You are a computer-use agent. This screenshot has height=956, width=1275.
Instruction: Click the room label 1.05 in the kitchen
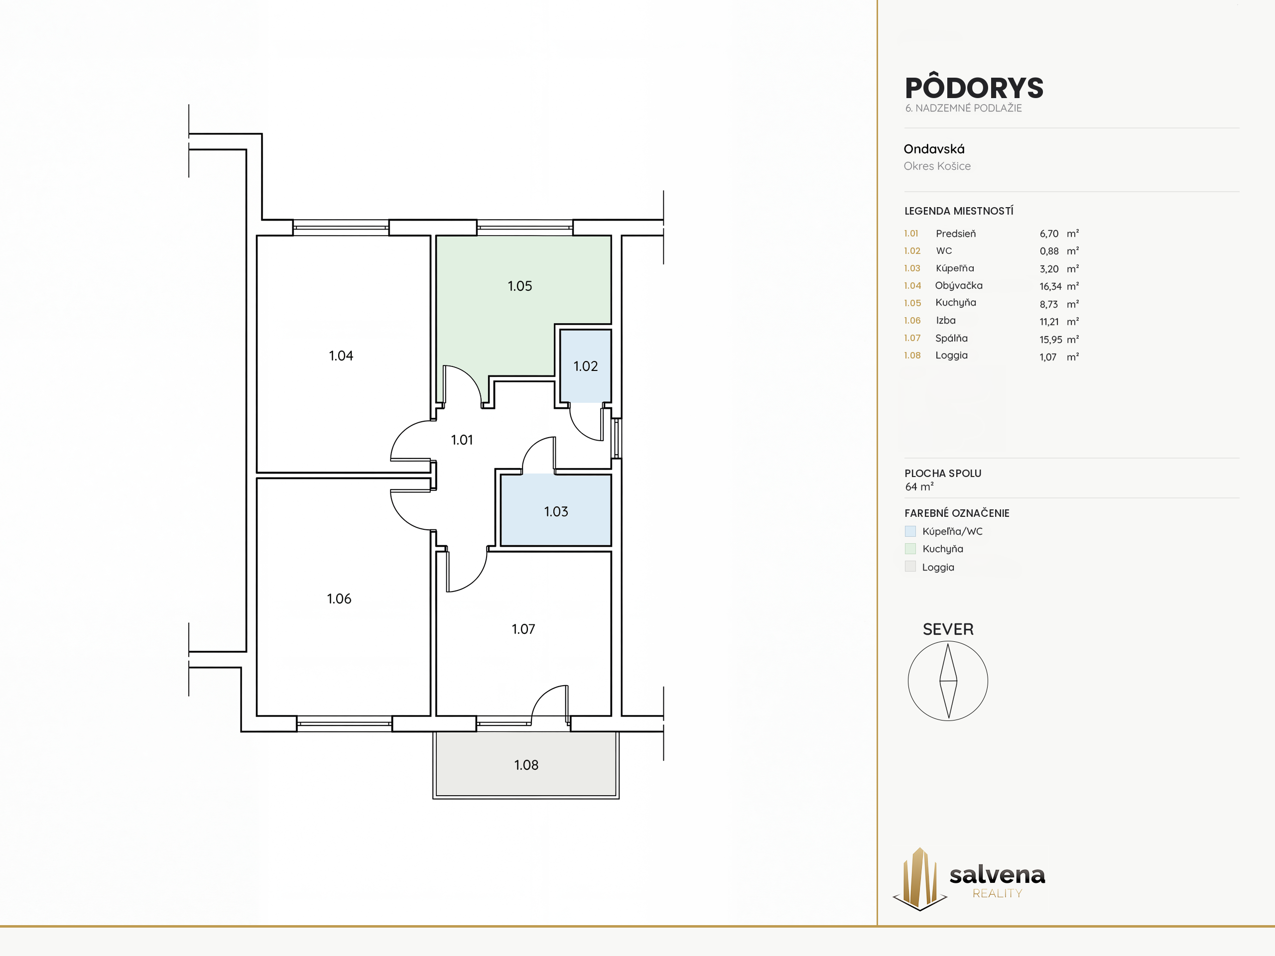coord(520,286)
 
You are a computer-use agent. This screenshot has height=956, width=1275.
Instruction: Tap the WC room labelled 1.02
coord(586,366)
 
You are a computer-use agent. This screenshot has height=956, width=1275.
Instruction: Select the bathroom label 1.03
coord(556,511)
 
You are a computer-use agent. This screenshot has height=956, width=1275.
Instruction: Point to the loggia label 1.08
coord(526,765)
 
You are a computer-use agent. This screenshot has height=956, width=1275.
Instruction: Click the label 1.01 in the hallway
coord(462,440)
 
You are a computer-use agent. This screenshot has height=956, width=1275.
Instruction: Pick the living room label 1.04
coord(341,356)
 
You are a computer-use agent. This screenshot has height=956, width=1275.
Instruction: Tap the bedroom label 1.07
coord(523,629)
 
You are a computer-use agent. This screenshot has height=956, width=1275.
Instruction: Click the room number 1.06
coord(339,598)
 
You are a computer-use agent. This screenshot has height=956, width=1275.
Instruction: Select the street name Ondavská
coord(934,149)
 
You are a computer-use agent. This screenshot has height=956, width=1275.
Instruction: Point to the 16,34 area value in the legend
coord(1051,286)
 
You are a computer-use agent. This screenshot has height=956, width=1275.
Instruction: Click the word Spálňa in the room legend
coord(951,338)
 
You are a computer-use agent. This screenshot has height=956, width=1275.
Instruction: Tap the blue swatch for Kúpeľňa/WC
coord(910,531)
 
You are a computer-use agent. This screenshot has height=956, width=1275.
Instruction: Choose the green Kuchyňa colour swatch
coord(910,549)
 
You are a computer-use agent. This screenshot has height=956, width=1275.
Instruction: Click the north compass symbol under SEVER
coord(948,681)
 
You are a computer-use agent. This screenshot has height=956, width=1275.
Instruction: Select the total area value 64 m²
coord(919,487)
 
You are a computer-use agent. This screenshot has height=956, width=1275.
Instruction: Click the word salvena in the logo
coord(997,875)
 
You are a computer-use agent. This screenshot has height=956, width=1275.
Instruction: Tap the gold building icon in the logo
coord(919,878)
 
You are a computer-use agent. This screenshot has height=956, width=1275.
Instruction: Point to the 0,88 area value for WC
coord(1049,250)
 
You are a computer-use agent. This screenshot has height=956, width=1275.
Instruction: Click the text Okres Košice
coord(937,166)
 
